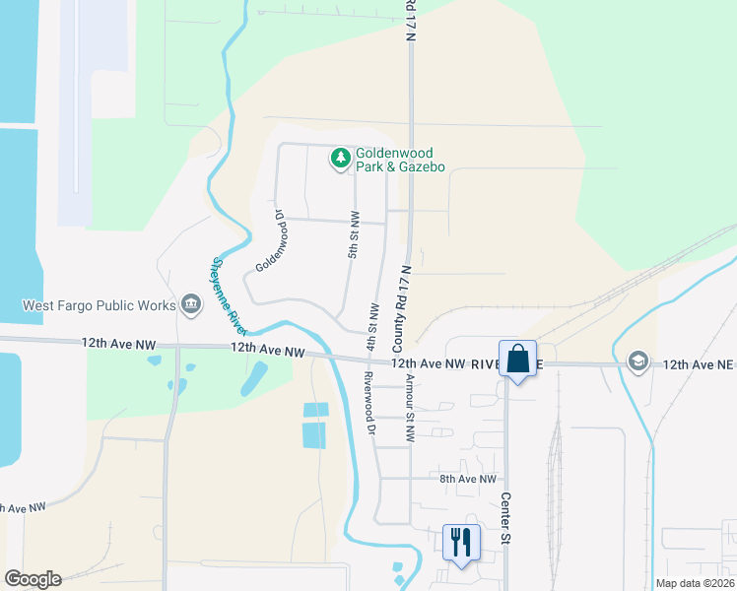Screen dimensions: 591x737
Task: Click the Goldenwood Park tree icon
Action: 341,158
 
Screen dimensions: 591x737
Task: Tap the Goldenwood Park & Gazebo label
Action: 400,161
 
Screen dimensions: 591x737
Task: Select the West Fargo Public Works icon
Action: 191,304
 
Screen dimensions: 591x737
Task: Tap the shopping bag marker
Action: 517,359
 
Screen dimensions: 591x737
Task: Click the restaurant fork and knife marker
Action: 461,541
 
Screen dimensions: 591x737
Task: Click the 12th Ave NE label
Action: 699,363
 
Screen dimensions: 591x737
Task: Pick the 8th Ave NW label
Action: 467,479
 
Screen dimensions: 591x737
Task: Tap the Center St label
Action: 504,518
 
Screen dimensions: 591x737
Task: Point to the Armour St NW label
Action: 409,409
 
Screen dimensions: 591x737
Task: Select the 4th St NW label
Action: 372,326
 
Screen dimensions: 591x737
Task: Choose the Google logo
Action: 33,579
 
